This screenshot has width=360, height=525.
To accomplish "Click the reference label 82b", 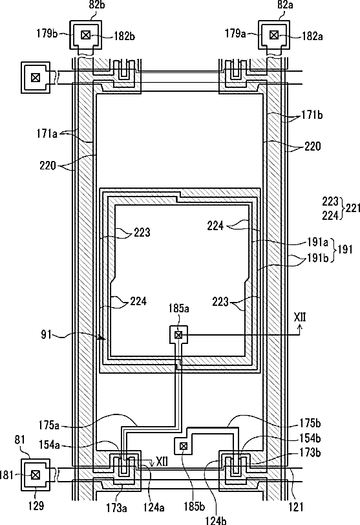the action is pyautogui.click(x=96, y=5).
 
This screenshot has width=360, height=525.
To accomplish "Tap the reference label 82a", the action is pyautogui.click(x=286, y=5).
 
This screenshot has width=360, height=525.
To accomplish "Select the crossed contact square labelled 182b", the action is pyautogui.click(x=86, y=35).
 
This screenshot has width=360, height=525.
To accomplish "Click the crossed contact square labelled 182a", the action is pyautogui.click(x=274, y=35).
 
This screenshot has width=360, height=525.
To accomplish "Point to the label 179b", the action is pyautogui.click(x=47, y=34).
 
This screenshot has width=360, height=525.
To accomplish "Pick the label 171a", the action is pyautogui.click(x=47, y=134).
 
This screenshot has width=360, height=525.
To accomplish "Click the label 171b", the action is pyautogui.click(x=312, y=115).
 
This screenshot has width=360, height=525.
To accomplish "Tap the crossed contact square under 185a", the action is pyautogui.click(x=178, y=334).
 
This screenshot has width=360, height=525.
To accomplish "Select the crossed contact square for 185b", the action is pyautogui.click(x=184, y=446).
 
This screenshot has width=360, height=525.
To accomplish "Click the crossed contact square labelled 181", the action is pyautogui.click(x=35, y=475).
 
